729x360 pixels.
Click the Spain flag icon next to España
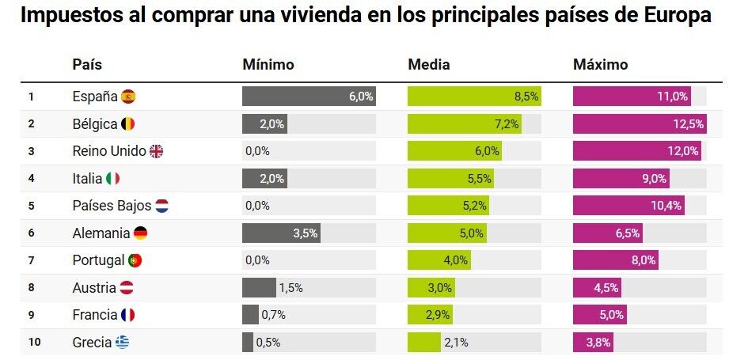(x=128, y=97)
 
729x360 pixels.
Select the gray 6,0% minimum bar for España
(x=309, y=97)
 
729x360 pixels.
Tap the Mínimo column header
(x=268, y=65)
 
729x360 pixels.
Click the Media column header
(x=428, y=65)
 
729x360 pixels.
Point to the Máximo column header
(x=600, y=65)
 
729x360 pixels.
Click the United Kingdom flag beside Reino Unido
(x=156, y=151)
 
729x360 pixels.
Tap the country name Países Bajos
(x=112, y=206)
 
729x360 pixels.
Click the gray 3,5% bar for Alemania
(x=281, y=233)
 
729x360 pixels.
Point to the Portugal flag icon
(x=135, y=260)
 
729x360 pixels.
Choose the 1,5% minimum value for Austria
(x=290, y=288)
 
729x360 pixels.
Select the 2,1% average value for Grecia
(x=457, y=343)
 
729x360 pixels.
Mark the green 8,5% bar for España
(x=474, y=97)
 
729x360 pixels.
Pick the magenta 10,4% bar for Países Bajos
(x=628, y=206)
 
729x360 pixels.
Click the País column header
(x=87, y=65)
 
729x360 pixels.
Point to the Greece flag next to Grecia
(x=122, y=343)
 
